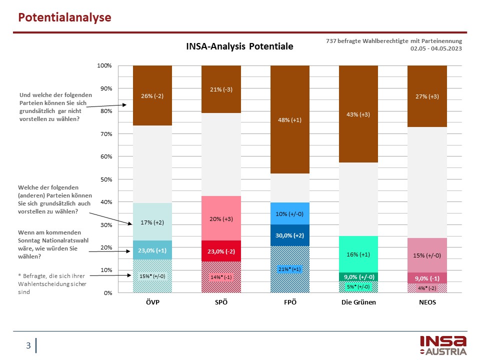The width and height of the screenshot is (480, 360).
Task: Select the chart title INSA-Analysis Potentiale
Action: click(239, 46)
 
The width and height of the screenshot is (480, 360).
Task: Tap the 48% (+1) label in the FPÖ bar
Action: click(289, 120)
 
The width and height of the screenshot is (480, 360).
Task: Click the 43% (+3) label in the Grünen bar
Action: click(358, 114)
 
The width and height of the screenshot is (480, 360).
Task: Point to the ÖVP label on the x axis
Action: click(152, 302)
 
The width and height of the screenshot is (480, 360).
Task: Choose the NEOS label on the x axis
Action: click(427, 302)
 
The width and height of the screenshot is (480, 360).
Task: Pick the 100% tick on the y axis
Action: click(103, 66)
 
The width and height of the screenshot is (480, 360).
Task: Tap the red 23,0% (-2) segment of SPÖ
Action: click(220, 251)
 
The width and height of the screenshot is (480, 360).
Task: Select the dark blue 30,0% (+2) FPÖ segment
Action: click(289, 235)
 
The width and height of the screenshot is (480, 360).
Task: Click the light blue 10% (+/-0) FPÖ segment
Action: click(289, 214)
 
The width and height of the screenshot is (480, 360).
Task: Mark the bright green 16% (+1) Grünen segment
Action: click(358, 254)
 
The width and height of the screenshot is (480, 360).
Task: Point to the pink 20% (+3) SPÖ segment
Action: click(220, 218)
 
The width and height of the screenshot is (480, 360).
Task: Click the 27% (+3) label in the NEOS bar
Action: click(427, 96)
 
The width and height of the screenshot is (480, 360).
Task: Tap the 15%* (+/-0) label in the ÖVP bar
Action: click(152, 275)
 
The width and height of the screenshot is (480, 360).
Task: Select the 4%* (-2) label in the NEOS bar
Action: click(427, 287)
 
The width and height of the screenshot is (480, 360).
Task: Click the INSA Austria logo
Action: click(443, 345)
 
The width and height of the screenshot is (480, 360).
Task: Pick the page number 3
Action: click(28, 345)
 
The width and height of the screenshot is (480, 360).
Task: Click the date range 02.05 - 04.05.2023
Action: click(436, 48)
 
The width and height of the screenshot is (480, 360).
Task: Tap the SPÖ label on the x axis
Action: click(220, 302)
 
